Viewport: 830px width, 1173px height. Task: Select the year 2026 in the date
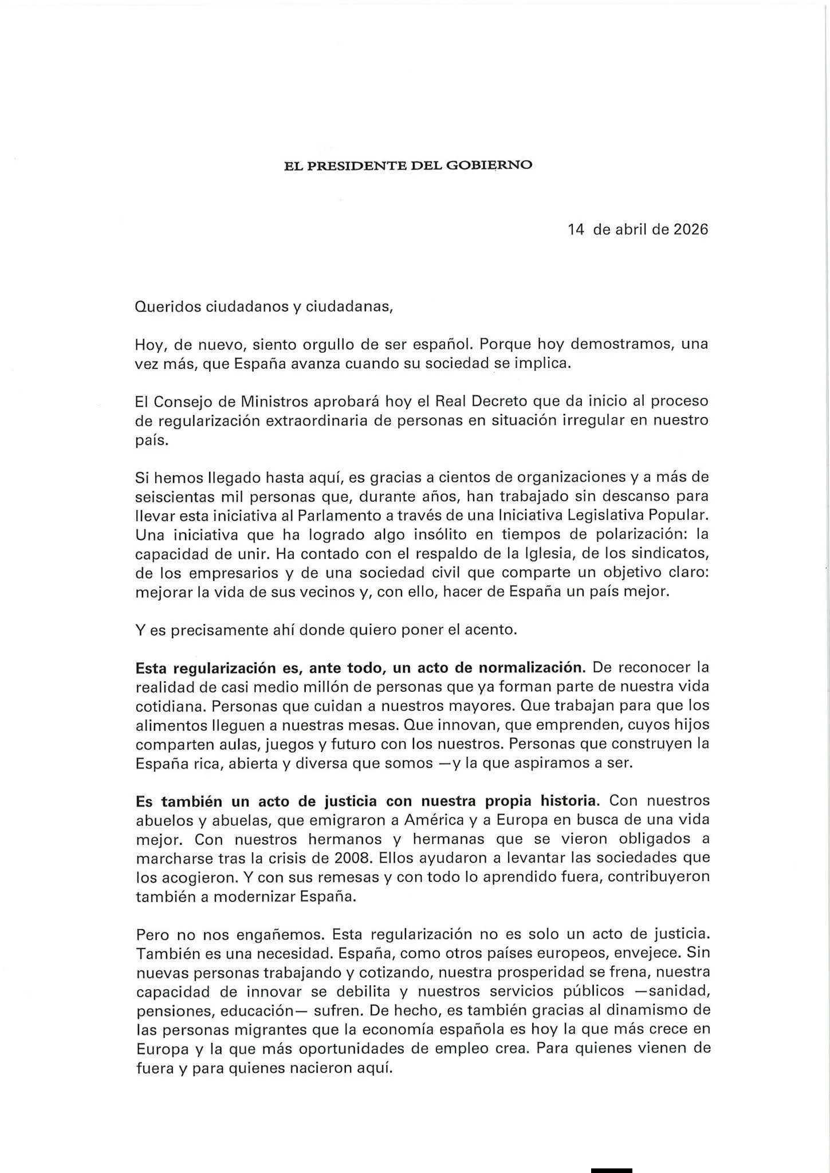[x=691, y=230]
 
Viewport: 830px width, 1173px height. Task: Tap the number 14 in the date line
[x=576, y=230]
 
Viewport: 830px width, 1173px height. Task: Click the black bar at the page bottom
[x=611, y=1169]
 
